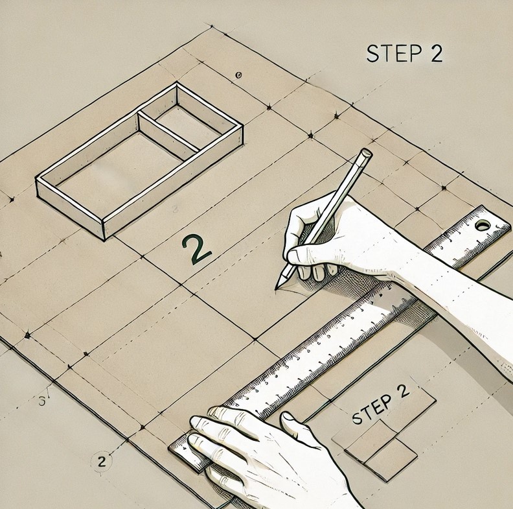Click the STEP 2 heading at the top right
click(405, 53)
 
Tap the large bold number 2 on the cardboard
click(197, 249)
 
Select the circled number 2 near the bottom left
click(102, 461)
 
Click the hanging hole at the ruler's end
click(483, 225)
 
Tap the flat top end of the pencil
click(366, 153)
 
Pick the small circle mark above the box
click(238, 75)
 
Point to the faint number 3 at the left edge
click(42, 401)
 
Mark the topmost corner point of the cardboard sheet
click(211, 26)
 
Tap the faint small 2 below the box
click(175, 209)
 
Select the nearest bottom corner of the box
click(104, 239)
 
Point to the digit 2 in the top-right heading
click(436, 53)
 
